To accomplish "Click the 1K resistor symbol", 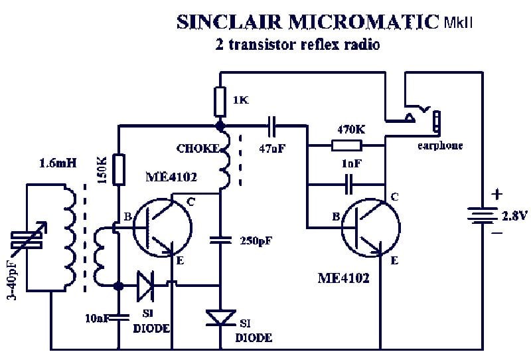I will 221,102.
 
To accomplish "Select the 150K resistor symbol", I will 119,169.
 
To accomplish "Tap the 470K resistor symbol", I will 346,146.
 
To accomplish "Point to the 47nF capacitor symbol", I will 272,124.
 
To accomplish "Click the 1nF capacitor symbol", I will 347,179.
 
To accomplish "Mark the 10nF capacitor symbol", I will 119,316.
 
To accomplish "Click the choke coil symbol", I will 226,159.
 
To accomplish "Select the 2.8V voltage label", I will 516,215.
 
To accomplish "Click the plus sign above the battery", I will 497,195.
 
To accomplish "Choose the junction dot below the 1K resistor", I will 220,124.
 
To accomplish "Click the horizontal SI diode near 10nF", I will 147,285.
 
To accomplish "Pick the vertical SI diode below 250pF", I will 220,318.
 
